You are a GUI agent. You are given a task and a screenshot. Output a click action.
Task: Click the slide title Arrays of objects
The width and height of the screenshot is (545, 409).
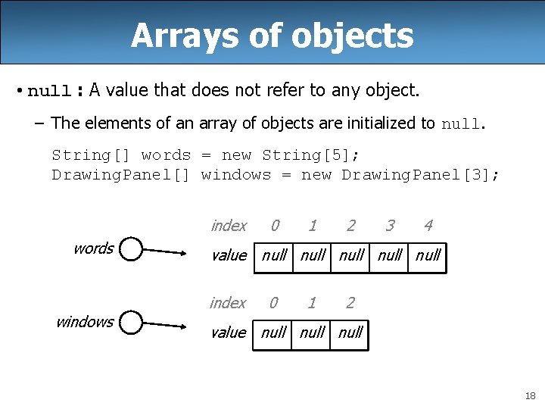(x=272, y=35)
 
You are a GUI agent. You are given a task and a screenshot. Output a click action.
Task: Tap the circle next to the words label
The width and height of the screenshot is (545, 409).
(x=131, y=249)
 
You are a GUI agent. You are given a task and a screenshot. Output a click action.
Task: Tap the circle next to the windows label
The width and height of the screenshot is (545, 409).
(x=131, y=323)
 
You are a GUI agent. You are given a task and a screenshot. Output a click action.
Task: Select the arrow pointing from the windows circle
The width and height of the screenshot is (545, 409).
(x=164, y=326)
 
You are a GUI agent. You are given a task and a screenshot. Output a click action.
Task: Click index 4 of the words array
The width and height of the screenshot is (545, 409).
(x=428, y=225)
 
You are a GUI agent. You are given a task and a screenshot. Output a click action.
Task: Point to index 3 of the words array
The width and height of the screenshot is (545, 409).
(x=390, y=225)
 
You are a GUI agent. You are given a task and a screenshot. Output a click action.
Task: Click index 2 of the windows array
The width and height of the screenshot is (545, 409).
(x=350, y=303)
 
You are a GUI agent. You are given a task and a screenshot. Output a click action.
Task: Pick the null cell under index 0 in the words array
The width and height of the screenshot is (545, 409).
(x=274, y=255)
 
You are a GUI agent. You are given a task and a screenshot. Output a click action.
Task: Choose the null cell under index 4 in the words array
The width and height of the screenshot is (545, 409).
(x=428, y=255)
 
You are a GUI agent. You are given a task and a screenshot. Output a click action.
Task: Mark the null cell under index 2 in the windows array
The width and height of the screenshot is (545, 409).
(x=350, y=333)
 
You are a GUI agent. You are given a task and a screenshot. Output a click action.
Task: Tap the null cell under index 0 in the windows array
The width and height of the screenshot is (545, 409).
(x=273, y=333)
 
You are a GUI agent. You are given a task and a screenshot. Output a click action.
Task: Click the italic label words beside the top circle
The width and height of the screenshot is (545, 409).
(x=94, y=248)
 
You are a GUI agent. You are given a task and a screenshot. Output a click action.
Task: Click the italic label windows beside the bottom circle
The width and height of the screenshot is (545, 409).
(x=85, y=321)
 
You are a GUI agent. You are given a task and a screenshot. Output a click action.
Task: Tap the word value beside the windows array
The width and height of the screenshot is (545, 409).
(x=229, y=333)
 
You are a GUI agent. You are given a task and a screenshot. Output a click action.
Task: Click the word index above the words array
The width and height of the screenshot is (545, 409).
(x=229, y=225)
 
